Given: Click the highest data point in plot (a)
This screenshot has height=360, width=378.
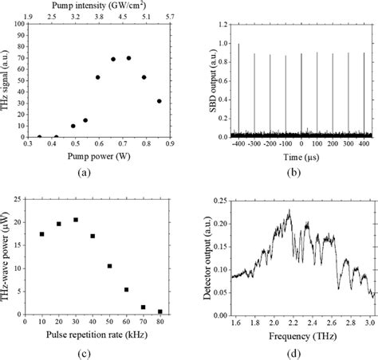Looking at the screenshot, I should pyautogui.click(x=128, y=57).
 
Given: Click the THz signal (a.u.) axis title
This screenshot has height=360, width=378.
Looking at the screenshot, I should pyautogui.click(x=9, y=81).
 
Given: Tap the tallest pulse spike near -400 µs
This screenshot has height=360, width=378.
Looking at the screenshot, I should pyautogui.click(x=238, y=45).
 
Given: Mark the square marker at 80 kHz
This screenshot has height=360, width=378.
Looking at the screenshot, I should pyautogui.click(x=160, y=311).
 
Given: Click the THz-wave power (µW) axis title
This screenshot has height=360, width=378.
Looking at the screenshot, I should pyautogui.click(x=9, y=259).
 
